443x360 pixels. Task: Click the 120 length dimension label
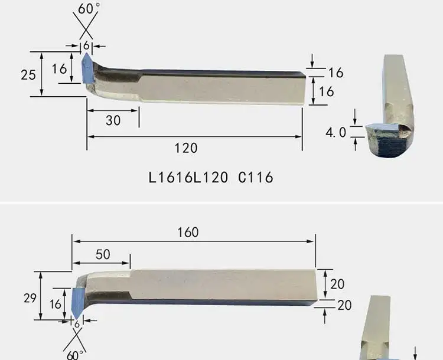[186, 148]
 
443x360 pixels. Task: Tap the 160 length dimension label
[188, 233]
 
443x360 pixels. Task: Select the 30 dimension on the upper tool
[113, 120]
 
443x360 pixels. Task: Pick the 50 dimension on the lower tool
[103, 254]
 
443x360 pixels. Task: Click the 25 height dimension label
[28, 75]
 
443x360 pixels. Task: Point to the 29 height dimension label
[30, 298]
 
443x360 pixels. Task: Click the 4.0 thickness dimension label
[335, 132]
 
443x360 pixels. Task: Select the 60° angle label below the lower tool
[75, 355]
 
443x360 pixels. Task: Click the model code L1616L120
[188, 178]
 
